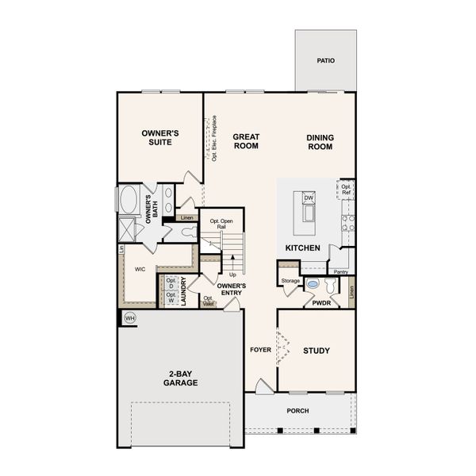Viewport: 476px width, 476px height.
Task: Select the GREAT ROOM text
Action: pyautogui.click(x=246, y=141)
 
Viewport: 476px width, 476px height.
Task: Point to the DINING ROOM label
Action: pyautogui.click(x=321, y=141)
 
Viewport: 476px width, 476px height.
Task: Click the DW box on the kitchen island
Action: pyautogui.click(x=309, y=198)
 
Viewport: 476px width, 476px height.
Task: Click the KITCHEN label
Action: pyautogui.click(x=302, y=248)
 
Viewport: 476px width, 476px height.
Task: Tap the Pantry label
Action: pyautogui.click(x=341, y=271)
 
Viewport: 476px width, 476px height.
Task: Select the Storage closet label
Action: pyautogui.click(x=290, y=280)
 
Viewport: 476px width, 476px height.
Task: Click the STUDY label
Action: pyautogui.click(x=317, y=350)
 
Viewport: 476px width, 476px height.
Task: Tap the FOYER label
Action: pyautogui.click(x=261, y=349)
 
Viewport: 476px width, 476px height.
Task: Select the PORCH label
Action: pyautogui.click(x=297, y=410)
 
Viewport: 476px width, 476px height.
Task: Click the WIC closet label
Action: pyautogui.click(x=140, y=270)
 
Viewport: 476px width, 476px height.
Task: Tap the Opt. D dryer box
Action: pyautogui.click(x=171, y=283)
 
